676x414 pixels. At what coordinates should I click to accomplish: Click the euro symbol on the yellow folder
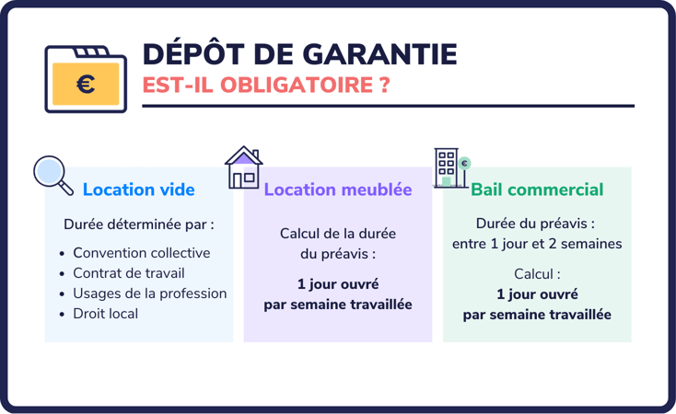click(86, 85)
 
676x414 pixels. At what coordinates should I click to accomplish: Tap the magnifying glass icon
click(52, 174)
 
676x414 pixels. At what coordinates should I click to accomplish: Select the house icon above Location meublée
click(244, 167)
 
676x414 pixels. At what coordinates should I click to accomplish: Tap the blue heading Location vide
click(138, 190)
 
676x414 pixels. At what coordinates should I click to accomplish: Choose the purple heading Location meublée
click(337, 190)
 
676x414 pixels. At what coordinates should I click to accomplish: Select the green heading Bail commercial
click(537, 190)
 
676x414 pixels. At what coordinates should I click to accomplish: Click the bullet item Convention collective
click(141, 253)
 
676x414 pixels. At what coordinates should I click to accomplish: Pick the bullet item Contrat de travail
click(129, 273)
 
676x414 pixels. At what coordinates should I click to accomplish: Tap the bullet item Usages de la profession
click(149, 293)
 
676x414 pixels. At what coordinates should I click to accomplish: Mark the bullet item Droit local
click(106, 314)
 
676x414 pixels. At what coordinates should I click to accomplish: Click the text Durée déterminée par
click(138, 224)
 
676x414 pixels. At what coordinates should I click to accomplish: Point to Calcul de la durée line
click(337, 234)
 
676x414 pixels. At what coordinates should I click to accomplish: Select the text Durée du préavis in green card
click(534, 224)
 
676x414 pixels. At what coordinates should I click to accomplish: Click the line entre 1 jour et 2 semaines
click(537, 244)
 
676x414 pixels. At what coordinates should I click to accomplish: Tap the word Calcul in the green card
click(536, 274)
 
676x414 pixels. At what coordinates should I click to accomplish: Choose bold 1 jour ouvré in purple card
click(337, 284)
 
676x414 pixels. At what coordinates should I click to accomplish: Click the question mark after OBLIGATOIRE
click(381, 86)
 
